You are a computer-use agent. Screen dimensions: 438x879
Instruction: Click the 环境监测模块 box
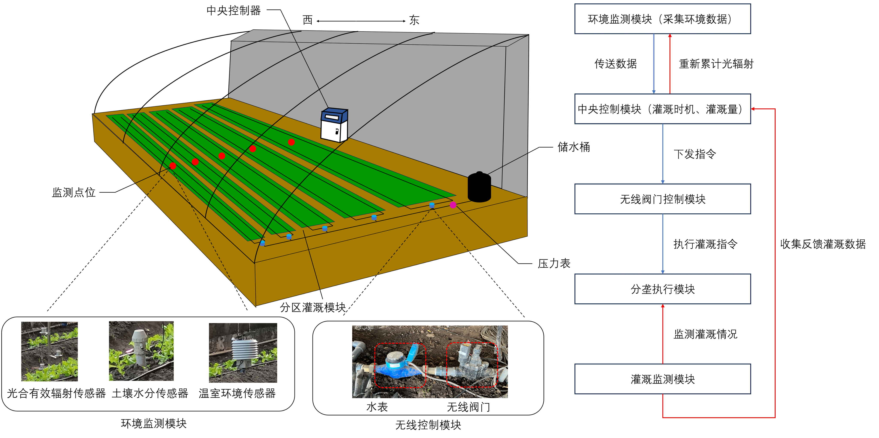click(x=662, y=19)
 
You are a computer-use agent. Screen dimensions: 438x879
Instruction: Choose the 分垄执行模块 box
click(x=662, y=289)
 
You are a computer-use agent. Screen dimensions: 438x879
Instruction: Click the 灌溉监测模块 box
click(x=662, y=379)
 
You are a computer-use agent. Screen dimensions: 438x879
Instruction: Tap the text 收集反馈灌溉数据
click(x=823, y=244)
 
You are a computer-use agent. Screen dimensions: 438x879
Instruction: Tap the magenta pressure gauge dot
click(x=453, y=205)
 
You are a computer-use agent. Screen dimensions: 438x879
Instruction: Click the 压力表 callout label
click(x=554, y=263)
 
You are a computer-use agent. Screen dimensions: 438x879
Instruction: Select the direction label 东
click(x=414, y=20)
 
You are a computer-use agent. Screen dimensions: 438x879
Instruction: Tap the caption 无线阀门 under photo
click(x=468, y=407)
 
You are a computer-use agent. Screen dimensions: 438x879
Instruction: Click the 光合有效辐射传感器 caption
click(x=56, y=393)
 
